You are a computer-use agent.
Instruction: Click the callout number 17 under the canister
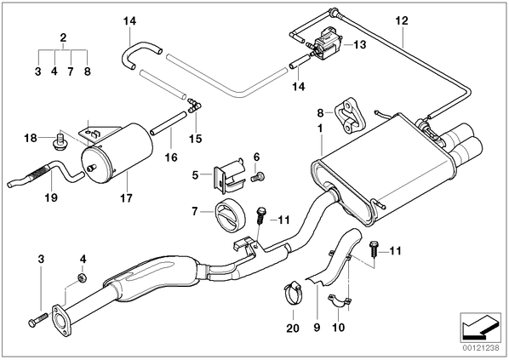pos(126,197)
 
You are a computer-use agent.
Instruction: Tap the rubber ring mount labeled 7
pos(230,215)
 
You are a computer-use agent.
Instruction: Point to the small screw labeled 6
pos(258,177)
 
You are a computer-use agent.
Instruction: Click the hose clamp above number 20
pos(294,293)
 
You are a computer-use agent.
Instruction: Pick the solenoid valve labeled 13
pos(325,43)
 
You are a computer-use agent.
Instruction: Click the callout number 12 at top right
pos(402,20)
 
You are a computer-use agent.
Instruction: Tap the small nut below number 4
pos(82,277)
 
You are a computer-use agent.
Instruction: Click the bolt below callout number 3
pos(38,319)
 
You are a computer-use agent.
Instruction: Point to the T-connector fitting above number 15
pos(194,106)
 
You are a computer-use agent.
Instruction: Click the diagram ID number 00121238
pos(480,348)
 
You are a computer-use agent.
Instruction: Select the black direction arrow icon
pos(480,329)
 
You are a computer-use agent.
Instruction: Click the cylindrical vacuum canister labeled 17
pos(117,152)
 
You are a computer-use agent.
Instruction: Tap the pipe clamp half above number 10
pos(339,300)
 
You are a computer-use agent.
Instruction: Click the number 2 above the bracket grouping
pos(63,37)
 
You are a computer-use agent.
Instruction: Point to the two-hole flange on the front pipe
pos(60,319)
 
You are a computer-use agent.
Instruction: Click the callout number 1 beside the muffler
pos(320,129)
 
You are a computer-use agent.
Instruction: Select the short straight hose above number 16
pos(169,123)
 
